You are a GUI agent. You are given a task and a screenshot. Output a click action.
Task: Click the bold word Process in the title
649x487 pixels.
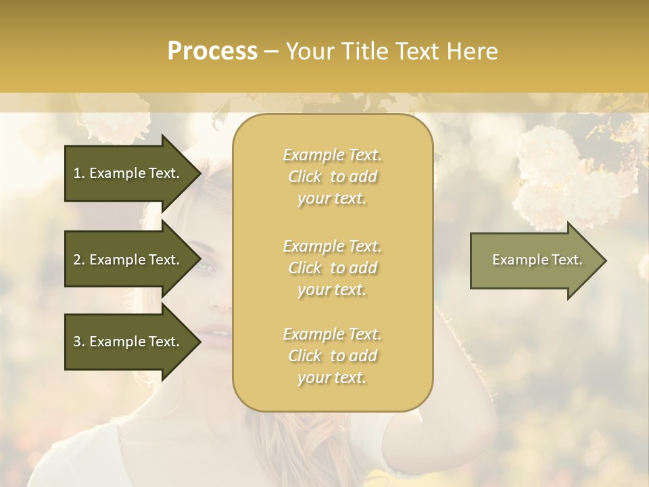click(x=212, y=51)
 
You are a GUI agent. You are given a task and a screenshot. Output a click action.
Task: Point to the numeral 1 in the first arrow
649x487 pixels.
click(x=77, y=173)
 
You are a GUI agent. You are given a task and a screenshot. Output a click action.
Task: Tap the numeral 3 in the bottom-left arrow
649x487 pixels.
click(x=77, y=342)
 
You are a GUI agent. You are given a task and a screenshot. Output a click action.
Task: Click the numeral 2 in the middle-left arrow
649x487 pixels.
click(x=77, y=260)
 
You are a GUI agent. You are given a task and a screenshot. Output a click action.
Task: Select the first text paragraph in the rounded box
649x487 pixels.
click(x=332, y=177)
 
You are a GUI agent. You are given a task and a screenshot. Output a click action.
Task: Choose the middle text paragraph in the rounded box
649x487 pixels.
click(x=332, y=268)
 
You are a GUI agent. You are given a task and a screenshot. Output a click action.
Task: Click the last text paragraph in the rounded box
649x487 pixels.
click(x=332, y=356)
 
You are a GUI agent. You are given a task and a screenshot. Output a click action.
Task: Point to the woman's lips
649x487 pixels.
click(x=215, y=332)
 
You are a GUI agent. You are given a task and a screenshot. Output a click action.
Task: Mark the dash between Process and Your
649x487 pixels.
click(x=272, y=51)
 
